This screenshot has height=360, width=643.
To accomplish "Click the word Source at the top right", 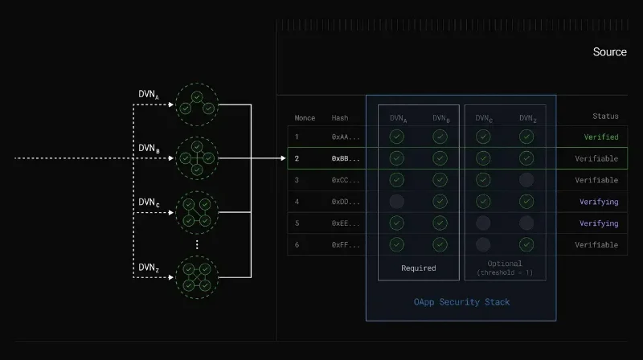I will click(609, 52).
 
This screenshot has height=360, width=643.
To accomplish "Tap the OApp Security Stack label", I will click(461, 302).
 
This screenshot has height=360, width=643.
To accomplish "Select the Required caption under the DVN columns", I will click(418, 268).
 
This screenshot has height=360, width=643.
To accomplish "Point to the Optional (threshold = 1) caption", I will click(504, 268).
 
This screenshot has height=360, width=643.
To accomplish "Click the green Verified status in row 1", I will click(601, 137).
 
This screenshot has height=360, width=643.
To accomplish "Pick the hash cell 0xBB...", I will click(346, 159).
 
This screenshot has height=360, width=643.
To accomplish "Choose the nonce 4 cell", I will click(297, 202).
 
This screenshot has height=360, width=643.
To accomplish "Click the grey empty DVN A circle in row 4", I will click(396, 202).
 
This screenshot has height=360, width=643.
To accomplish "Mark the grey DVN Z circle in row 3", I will click(526, 180).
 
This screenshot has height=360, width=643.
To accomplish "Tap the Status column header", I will click(605, 117).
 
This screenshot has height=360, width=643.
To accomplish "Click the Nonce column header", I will click(305, 118).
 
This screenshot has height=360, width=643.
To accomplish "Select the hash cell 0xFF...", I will click(346, 245).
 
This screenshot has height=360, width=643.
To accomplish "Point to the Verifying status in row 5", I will click(599, 223).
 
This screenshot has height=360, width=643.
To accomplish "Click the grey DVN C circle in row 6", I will click(483, 245).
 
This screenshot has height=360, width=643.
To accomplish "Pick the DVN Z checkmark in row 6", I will click(526, 245).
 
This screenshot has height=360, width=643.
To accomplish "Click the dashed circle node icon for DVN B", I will click(197, 158).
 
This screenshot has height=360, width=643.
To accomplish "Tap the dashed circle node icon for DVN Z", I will click(197, 277).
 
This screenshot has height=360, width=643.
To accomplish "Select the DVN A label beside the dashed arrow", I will click(149, 95).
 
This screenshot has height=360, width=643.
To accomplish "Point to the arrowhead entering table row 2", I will click(282, 158).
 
